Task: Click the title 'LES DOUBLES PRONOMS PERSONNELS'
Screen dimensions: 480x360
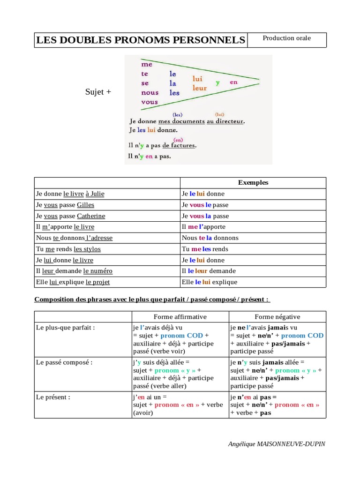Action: [140, 40]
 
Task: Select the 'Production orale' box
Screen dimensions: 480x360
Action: [286, 38]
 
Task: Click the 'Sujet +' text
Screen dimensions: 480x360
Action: [98, 92]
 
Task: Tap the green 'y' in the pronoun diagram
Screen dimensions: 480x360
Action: [217, 83]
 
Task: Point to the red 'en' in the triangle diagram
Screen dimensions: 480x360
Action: [234, 82]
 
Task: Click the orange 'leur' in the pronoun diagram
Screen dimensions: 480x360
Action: [200, 88]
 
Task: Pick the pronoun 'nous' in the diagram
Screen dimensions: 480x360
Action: [150, 92]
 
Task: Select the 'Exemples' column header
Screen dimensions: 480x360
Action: [253, 183]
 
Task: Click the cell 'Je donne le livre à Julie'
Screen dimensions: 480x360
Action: [70, 194]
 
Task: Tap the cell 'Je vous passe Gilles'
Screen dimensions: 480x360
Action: [65, 205]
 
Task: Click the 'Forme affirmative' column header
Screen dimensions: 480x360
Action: [180, 317]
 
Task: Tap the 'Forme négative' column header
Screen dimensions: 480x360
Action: [277, 317]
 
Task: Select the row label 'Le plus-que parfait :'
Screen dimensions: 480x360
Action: [66, 328]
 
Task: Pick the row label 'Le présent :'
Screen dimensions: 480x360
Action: [53, 397]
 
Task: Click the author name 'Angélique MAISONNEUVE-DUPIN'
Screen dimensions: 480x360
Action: [277, 444]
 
